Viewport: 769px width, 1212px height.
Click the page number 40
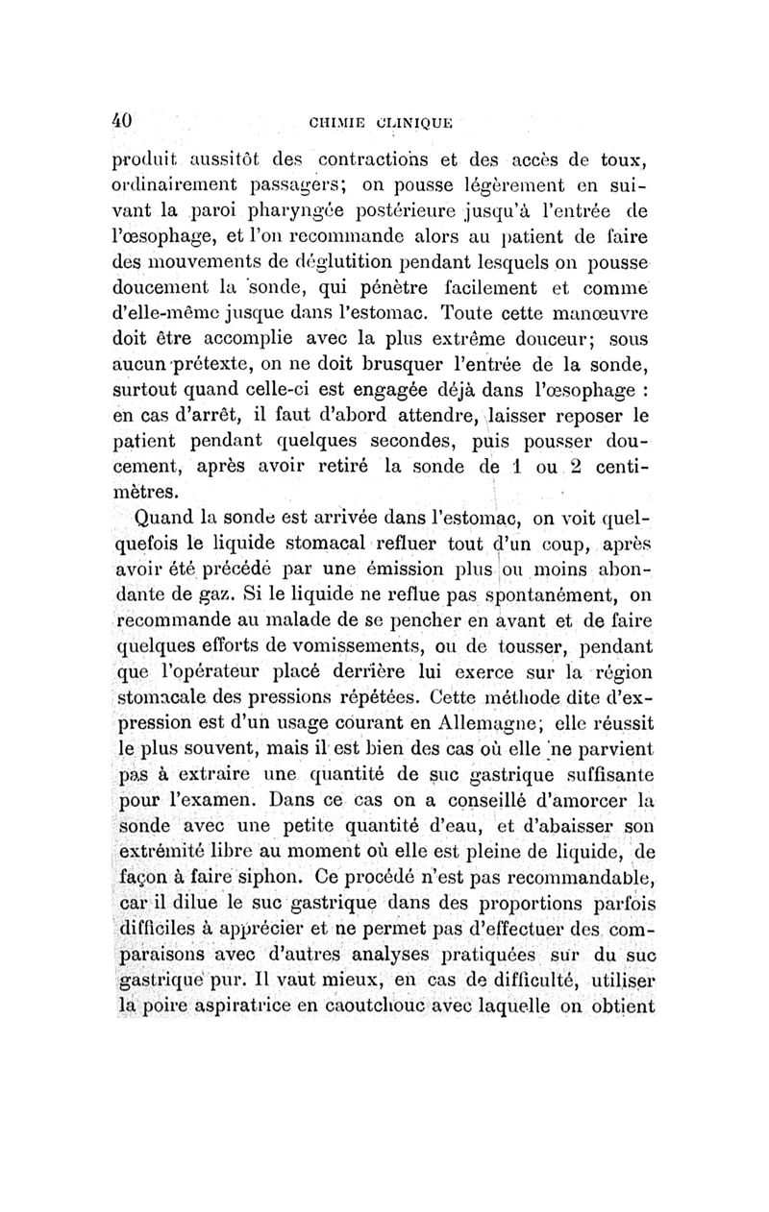pos(121,122)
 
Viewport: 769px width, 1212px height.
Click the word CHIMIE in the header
pos(337,123)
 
